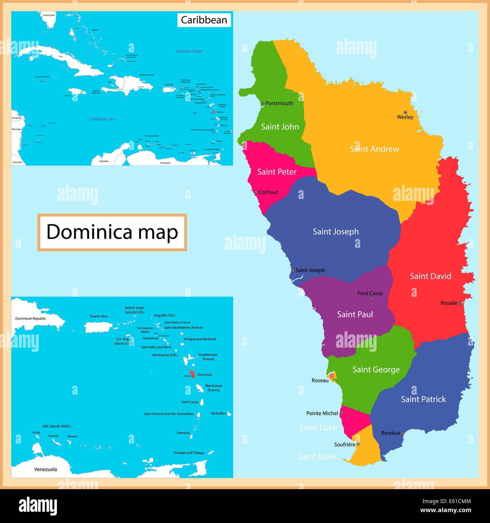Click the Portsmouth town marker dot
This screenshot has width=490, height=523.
click(x=263, y=103)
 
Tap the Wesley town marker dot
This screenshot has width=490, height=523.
click(x=405, y=113)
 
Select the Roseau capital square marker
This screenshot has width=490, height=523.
click(x=332, y=376)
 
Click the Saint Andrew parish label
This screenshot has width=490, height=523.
click(x=374, y=149)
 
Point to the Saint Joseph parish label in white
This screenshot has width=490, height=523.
click(x=335, y=232)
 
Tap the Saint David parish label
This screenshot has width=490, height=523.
click(x=430, y=276)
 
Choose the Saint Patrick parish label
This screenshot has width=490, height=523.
click(x=423, y=399)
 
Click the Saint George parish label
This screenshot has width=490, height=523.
click(x=376, y=369)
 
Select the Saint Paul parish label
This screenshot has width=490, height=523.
click(x=355, y=314)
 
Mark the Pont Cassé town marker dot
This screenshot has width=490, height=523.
click(x=372, y=298)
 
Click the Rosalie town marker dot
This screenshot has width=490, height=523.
click(x=460, y=303)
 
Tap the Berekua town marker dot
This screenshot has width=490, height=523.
click(x=403, y=433)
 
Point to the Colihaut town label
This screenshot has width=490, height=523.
click(x=268, y=192)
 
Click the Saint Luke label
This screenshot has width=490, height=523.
click(x=318, y=427)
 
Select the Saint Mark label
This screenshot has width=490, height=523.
click(x=317, y=456)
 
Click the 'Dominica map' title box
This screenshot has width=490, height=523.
click(x=112, y=232)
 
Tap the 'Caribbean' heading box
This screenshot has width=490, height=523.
click(x=204, y=20)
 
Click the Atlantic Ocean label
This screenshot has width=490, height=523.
click(x=189, y=51)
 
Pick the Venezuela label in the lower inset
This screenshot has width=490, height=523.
click(x=46, y=469)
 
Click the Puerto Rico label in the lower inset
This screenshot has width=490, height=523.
click(x=99, y=316)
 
